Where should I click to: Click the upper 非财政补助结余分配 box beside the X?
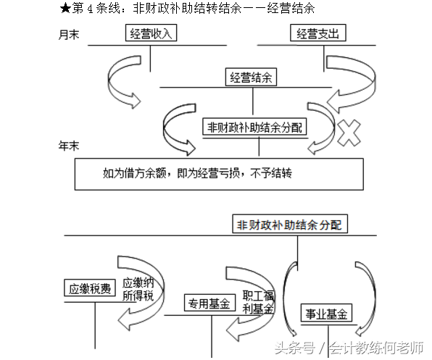point(255,127)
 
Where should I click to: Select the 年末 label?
point(68,146)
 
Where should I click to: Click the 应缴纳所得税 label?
point(138,288)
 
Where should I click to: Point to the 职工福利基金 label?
point(258,301)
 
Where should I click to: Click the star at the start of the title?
point(66,9)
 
